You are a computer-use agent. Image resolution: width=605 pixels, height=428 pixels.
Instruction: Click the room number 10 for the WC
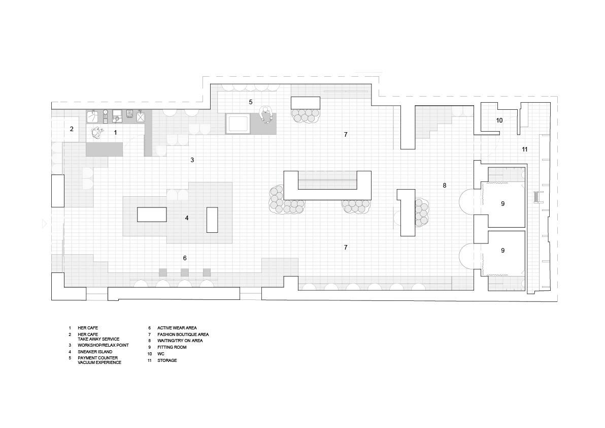coord(499,120)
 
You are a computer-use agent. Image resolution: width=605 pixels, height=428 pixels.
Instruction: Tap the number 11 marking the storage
coord(524,149)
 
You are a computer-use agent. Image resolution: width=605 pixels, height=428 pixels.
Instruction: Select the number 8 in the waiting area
coord(445,186)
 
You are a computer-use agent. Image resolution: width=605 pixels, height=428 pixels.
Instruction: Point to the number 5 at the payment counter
coord(251,102)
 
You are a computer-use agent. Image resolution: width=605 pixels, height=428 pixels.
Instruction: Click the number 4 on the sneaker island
coord(187,218)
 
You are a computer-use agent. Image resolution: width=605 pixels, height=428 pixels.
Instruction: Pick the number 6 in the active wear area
coord(185,258)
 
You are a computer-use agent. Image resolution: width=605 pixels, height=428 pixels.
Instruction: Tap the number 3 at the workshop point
coord(192,160)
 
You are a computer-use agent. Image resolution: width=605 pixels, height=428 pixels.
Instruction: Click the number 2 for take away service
coord(72,129)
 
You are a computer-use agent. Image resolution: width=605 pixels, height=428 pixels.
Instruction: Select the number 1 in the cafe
coord(115,133)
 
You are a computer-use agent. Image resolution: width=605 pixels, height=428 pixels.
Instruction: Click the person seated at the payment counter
coord(266,115)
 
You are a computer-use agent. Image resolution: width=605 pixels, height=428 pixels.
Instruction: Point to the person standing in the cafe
coord(97,133)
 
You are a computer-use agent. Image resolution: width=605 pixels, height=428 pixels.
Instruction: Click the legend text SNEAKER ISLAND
coord(95,352)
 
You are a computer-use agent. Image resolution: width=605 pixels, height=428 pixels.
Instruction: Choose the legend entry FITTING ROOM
coord(172,347)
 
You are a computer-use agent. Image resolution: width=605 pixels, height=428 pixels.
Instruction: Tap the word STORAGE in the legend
coord(167,360)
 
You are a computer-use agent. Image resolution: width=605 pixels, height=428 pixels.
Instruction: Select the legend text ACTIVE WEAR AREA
coord(177,328)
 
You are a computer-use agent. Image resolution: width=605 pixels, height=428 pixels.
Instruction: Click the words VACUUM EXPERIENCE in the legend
coord(99,363)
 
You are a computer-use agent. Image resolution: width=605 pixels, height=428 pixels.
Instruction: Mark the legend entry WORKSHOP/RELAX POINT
coord(103,345)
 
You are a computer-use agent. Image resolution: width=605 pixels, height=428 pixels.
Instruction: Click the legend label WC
coord(160,354)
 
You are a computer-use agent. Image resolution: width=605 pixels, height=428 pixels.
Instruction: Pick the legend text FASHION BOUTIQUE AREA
coord(183,334)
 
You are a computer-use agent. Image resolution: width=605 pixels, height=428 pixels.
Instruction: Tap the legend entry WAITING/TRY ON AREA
coord(180,341)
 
